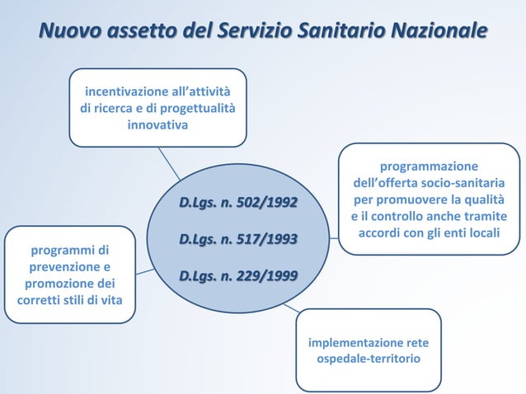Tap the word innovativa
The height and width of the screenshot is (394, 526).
[x=157, y=125]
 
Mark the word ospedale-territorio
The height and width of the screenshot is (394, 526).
[x=369, y=360]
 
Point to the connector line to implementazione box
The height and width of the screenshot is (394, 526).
[x=291, y=307]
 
